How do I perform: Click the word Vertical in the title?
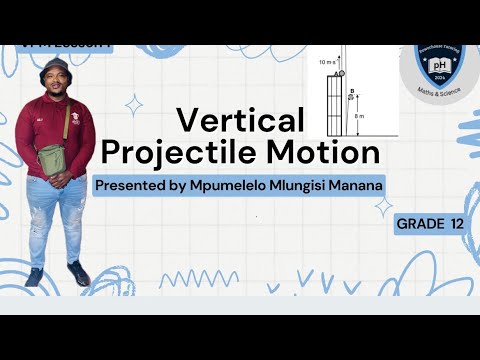tap(240, 122)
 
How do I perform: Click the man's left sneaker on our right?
tap(77, 274)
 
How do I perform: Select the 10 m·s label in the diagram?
tap(324, 62)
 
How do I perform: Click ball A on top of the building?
tap(339, 74)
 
